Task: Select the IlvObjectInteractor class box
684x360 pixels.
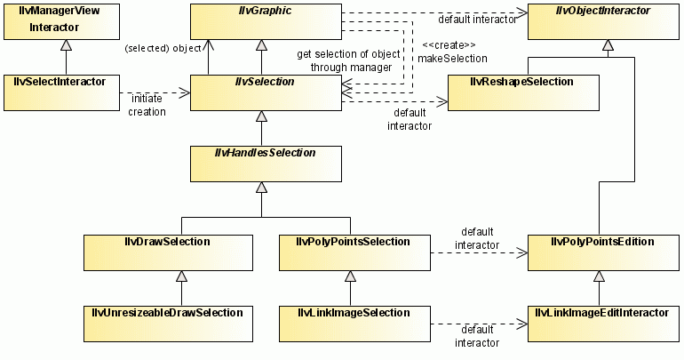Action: pyautogui.click(x=604, y=21)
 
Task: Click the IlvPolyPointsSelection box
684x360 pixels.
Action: pyautogui.click(x=354, y=252)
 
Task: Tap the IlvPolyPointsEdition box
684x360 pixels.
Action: pyautogui.click(x=603, y=252)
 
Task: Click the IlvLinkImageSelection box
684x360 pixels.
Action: pyautogui.click(x=354, y=324)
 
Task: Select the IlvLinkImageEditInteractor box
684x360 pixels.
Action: pyautogui.click(x=603, y=324)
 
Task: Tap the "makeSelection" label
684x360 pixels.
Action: pyautogui.click(x=454, y=58)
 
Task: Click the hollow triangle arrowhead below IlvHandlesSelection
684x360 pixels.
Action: pyautogui.click(x=261, y=188)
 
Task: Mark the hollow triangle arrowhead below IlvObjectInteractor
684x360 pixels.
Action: pyautogui.click(x=608, y=45)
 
